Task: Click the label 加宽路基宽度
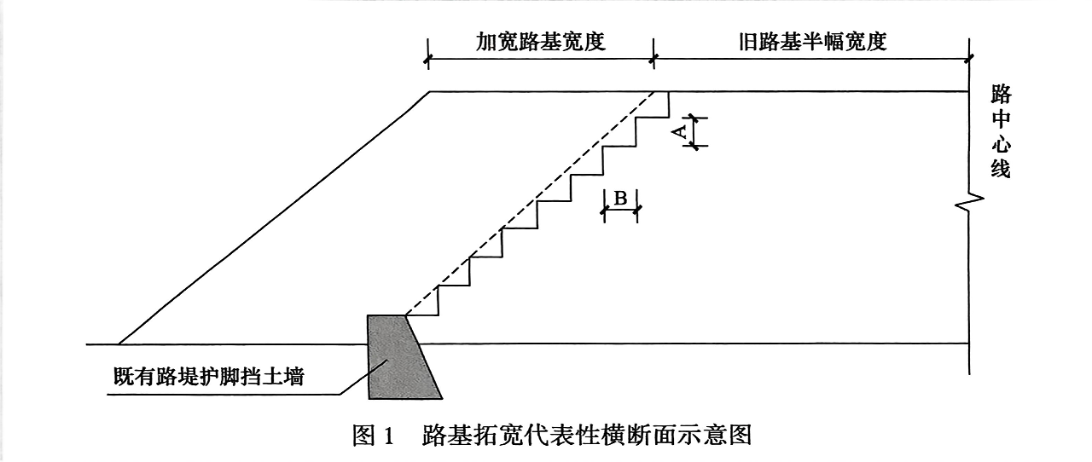pyautogui.click(x=540, y=42)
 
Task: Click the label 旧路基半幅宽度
pyautogui.click(x=812, y=42)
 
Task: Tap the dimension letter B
pyautogui.click(x=621, y=199)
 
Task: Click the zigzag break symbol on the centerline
pyautogui.click(x=972, y=202)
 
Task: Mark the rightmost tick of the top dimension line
pyautogui.click(x=970, y=60)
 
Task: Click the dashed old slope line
pyautogui.click(x=529, y=205)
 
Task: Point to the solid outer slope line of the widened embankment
pyautogui.click(x=273, y=218)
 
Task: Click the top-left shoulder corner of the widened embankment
pyautogui.click(x=429, y=91)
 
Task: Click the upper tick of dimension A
pyautogui.click(x=694, y=118)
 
